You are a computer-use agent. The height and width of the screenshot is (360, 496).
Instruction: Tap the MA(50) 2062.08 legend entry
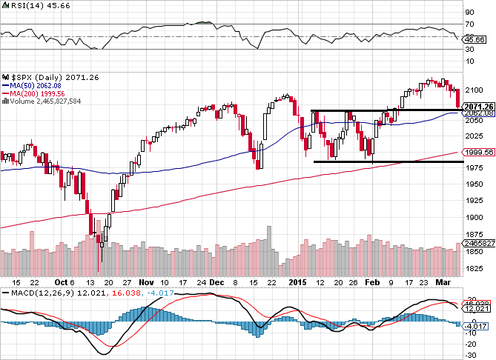click(x=30, y=85)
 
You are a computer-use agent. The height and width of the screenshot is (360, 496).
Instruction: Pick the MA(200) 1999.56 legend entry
click(x=32, y=93)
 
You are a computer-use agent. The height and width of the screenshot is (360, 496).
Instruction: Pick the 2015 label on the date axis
click(x=297, y=282)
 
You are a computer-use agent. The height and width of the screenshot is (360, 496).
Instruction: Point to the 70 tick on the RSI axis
click(x=469, y=24)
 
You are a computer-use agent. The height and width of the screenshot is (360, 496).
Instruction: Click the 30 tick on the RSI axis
click(x=469, y=50)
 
